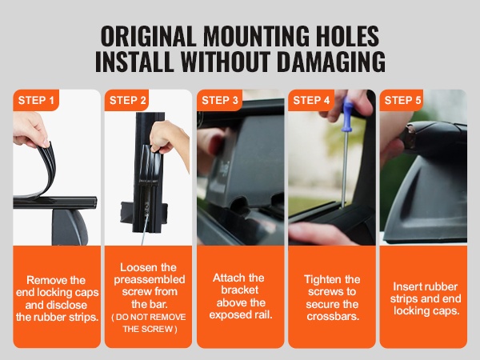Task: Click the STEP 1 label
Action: (x=36, y=100)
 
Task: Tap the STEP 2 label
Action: (x=128, y=100)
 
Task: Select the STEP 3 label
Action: (x=220, y=100)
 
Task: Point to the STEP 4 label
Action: (x=311, y=100)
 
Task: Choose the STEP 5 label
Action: (x=403, y=100)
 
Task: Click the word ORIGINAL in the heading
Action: (x=148, y=36)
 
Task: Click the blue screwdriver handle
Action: (x=348, y=114)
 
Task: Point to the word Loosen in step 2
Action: (x=134, y=267)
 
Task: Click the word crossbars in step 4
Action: (x=333, y=316)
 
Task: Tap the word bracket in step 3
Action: (x=240, y=290)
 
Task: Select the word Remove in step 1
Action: (x=43, y=280)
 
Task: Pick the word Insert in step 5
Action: (x=406, y=286)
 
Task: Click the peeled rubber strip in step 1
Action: (x=46, y=171)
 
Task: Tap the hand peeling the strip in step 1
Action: (x=30, y=130)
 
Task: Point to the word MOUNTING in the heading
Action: (x=256, y=36)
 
